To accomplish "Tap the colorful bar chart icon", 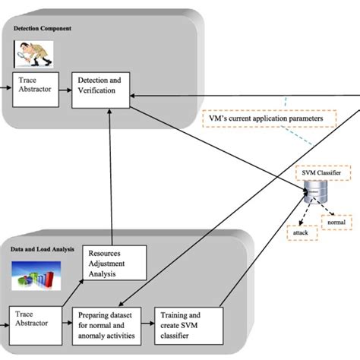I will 36,276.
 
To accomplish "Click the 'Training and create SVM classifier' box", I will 188,325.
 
